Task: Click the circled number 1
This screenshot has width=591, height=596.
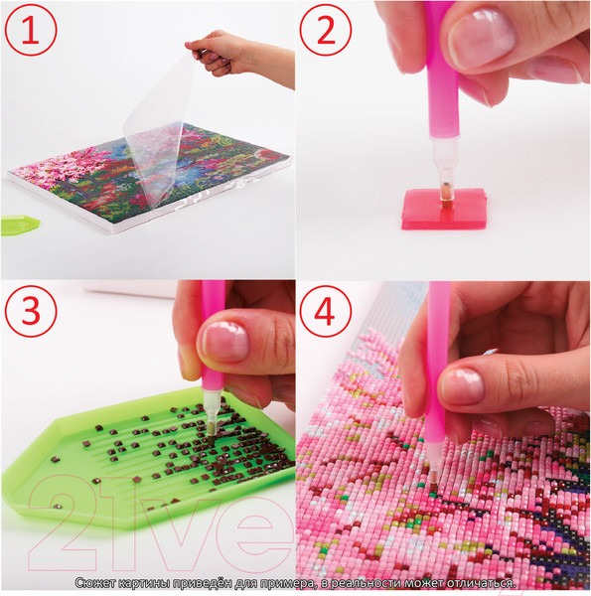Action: pos(31,30)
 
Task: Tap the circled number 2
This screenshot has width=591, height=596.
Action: pos(326,30)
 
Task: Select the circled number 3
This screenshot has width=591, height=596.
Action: pos(31,311)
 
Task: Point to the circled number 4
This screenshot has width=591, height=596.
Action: pos(326,311)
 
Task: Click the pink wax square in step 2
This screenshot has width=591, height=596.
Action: pos(444,209)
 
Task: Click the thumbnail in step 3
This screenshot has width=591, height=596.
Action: pos(225,341)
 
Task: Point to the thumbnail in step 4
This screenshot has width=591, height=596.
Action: pos(462,386)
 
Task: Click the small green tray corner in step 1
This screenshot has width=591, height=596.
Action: pos(20,224)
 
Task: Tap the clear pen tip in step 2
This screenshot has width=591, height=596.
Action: pos(445,173)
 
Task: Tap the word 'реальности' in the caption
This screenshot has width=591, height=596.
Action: pos(365,583)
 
